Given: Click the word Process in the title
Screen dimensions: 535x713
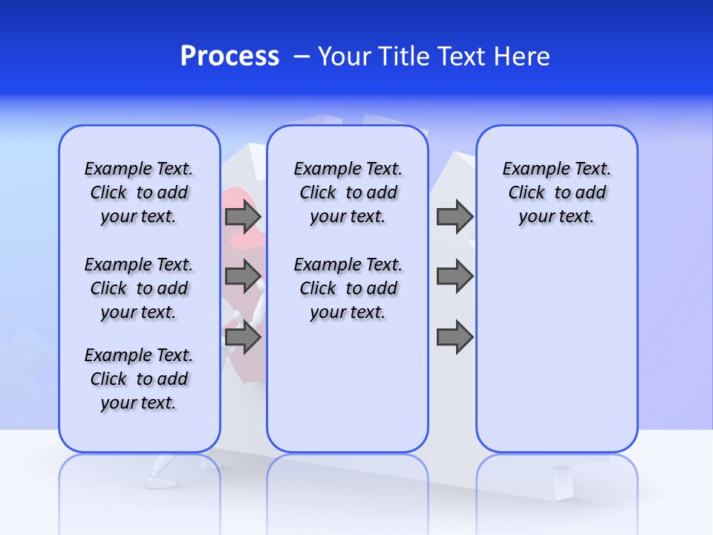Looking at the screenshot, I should tap(229, 56).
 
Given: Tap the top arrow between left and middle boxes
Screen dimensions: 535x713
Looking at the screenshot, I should tap(243, 217).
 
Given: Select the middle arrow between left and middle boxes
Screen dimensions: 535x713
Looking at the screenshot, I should tap(243, 276).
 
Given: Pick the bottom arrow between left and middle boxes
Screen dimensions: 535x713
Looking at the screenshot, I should tap(243, 338).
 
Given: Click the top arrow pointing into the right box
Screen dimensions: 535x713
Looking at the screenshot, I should tap(455, 217).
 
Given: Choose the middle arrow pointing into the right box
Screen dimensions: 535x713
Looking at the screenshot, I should tap(455, 276).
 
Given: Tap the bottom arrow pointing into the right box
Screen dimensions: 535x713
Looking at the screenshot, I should tap(455, 338).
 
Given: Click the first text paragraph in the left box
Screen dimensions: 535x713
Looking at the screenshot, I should tap(139, 192).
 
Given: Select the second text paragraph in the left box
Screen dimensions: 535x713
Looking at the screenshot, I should tap(139, 288).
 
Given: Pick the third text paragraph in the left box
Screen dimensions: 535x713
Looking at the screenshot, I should tap(139, 379).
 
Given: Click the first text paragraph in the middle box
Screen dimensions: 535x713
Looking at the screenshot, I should tap(348, 192).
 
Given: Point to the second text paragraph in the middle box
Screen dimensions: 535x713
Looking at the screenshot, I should tap(348, 288).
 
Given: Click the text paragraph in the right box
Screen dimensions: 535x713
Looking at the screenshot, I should tap(556, 192).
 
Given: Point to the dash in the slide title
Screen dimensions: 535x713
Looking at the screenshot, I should tap(302, 56).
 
